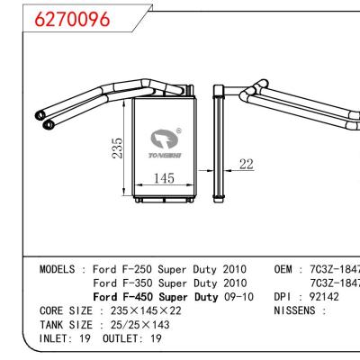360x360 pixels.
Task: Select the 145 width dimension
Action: (x=163, y=179)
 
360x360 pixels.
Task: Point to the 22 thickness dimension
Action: (x=245, y=165)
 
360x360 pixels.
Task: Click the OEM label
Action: (x=285, y=269)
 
